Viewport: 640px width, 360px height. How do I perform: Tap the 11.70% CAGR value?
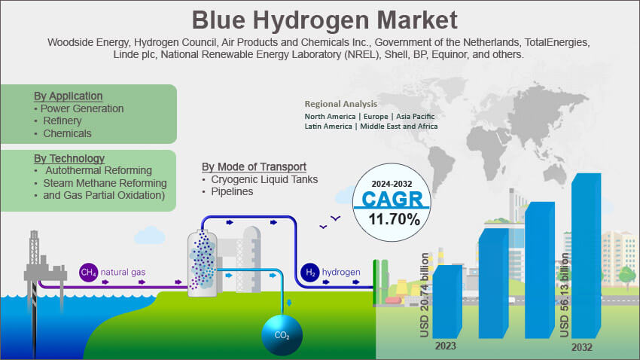pyautogui.click(x=394, y=219)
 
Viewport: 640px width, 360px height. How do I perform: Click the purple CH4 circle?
pyautogui.click(x=88, y=271)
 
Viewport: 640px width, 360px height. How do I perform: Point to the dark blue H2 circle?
pyautogui.click(x=309, y=272)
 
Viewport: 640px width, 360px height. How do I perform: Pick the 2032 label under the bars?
pyautogui.click(x=581, y=347)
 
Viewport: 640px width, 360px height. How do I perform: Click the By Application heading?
pyautogui.click(x=68, y=96)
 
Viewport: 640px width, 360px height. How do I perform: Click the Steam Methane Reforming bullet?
pyautogui.click(x=105, y=183)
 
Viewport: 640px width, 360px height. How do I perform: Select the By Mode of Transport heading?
pyautogui.click(x=254, y=166)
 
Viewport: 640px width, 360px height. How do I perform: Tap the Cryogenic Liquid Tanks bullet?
pyautogui.click(x=264, y=179)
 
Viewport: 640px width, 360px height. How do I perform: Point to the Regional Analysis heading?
pyautogui.click(x=340, y=104)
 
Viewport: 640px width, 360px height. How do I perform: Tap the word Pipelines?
pyautogui.click(x=232, y=191)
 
